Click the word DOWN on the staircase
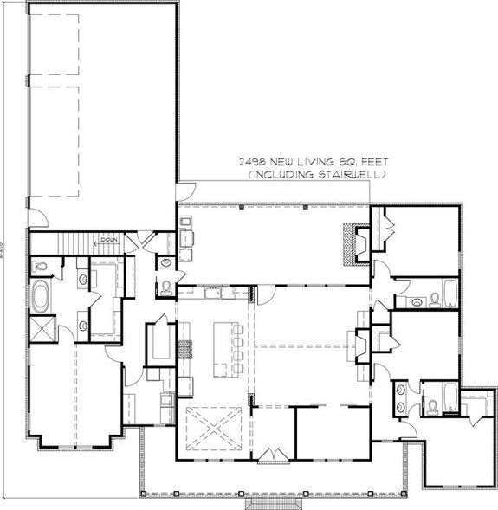(x=108, y=240)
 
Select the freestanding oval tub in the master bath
(x=42, y=296)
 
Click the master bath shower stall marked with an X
(x=42, y=328)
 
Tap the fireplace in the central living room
(x=357, y=340)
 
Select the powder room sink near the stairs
(x=165, y=261)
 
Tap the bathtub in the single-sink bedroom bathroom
(x=450, y=294)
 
